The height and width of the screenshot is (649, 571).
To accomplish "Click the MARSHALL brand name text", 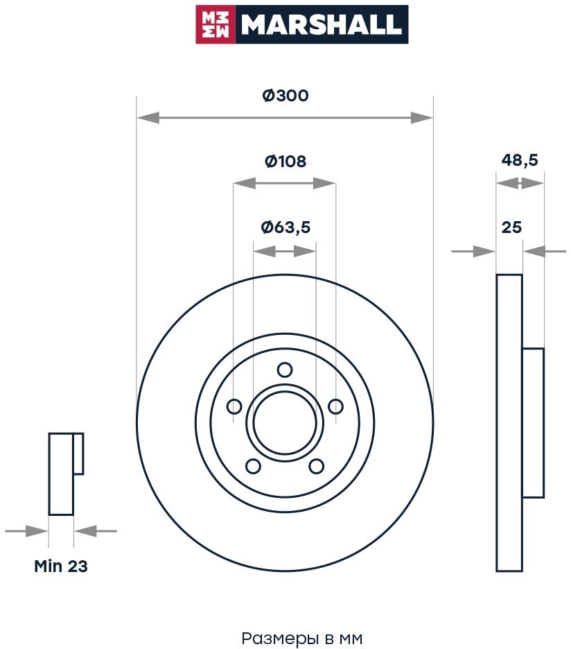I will click(320, 25).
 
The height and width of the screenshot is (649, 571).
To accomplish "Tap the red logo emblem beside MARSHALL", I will click(216, 25).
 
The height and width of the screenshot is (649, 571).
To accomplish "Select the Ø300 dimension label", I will click(285, 96).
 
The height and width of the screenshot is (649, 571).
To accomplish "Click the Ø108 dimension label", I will click(285, 162).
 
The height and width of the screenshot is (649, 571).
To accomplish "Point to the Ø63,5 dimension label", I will click(285, 227).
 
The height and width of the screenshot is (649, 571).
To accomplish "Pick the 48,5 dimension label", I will click(520, 160).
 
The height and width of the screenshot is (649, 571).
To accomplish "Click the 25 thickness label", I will click(511, 227).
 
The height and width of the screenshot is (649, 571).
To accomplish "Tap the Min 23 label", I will click(61, 566).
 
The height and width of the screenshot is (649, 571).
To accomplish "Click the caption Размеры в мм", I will click(301, 638).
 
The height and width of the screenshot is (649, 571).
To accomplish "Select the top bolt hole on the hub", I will click(285, 370).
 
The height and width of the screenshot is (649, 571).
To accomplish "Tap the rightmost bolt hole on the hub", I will click(335, 406).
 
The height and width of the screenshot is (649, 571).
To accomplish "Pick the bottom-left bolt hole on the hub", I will click(254, 465).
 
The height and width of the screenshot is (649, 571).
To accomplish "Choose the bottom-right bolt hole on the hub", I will click(316, 465).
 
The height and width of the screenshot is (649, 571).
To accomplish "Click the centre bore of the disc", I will click(285, 423).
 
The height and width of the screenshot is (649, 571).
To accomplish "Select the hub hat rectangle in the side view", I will click(533, 423).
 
